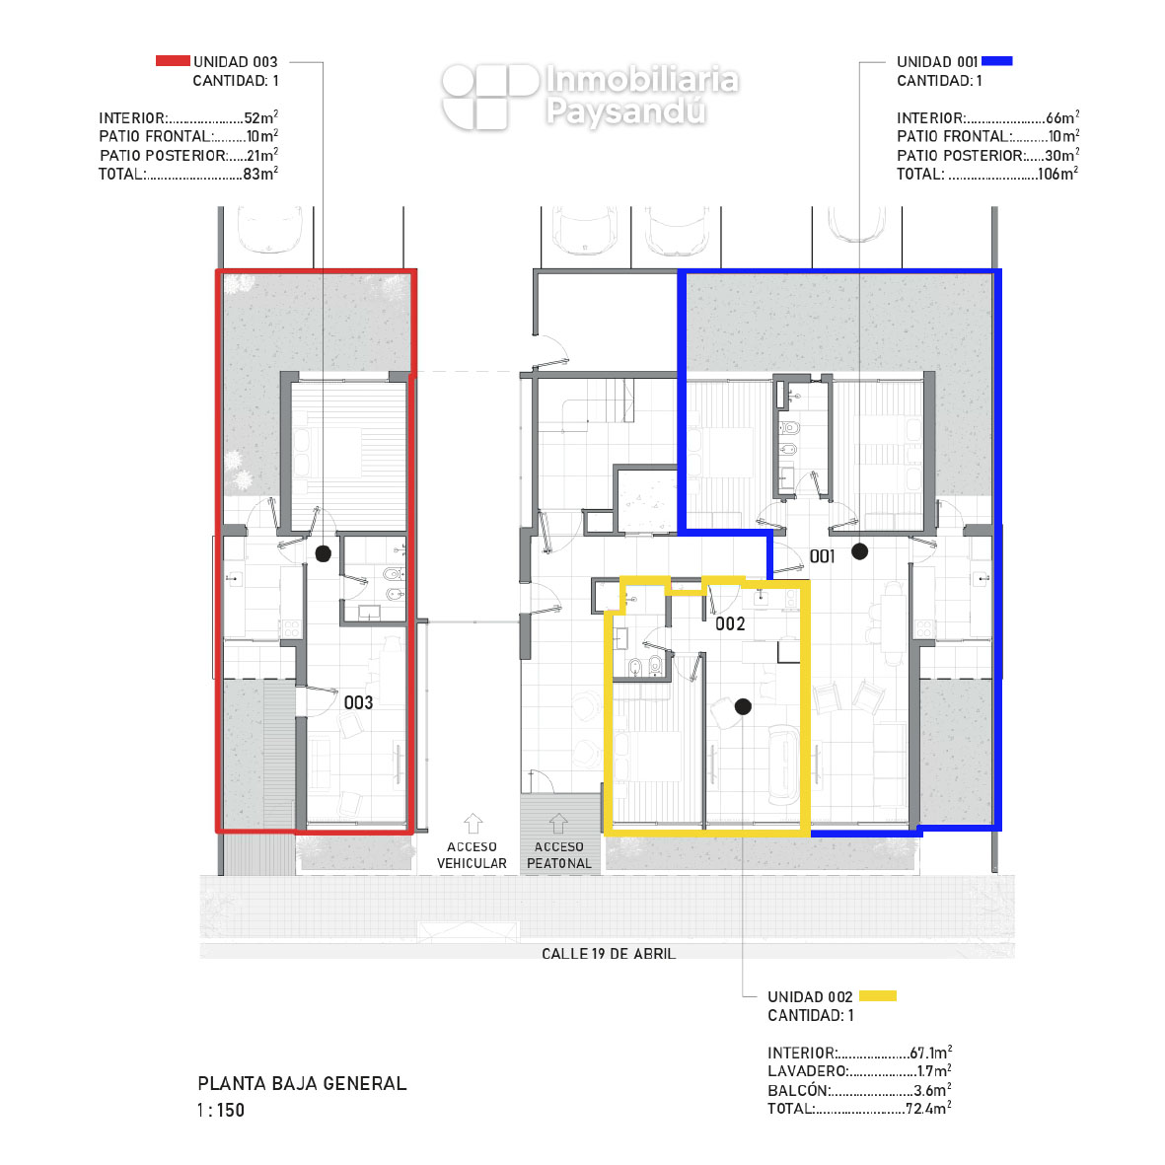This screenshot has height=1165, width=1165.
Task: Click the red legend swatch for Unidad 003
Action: [x=173, y=61]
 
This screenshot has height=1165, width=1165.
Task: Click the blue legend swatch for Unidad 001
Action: [x=997, y=61]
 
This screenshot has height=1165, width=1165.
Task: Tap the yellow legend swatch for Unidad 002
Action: [x=878, y=995]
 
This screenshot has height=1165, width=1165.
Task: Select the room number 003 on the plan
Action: [x=358, y=702]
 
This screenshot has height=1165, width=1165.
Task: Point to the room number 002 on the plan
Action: [x=730, y=623]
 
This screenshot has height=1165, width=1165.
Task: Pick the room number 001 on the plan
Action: [x=823, y=555]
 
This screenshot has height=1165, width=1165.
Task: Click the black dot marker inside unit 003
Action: [x=324, y=553]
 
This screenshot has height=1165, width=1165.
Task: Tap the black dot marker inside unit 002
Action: [x=743, y=706]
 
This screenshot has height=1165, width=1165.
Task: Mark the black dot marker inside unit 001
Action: [x=859, y=551]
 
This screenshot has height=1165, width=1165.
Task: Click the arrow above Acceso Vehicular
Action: [x=473, y=824]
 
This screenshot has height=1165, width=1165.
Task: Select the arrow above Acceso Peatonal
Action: [x=558, y=824]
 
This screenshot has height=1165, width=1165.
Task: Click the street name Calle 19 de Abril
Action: [x=609, y=953]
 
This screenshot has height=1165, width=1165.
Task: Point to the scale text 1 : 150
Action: [x=221, y=1110]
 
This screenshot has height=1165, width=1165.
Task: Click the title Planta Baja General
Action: [x=303, y=1083]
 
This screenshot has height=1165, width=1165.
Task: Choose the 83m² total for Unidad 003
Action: [x=260, y=173]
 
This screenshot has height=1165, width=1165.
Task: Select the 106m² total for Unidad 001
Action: [x=1058, y=173]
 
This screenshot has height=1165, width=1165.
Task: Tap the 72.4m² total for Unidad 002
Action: [x=928, y=1108]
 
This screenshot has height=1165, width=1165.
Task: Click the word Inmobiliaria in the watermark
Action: [x=643, y=80]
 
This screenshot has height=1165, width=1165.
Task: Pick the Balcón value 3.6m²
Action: [x=933, y=1089]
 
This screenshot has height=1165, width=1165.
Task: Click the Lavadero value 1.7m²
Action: [x=935, y=1070]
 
